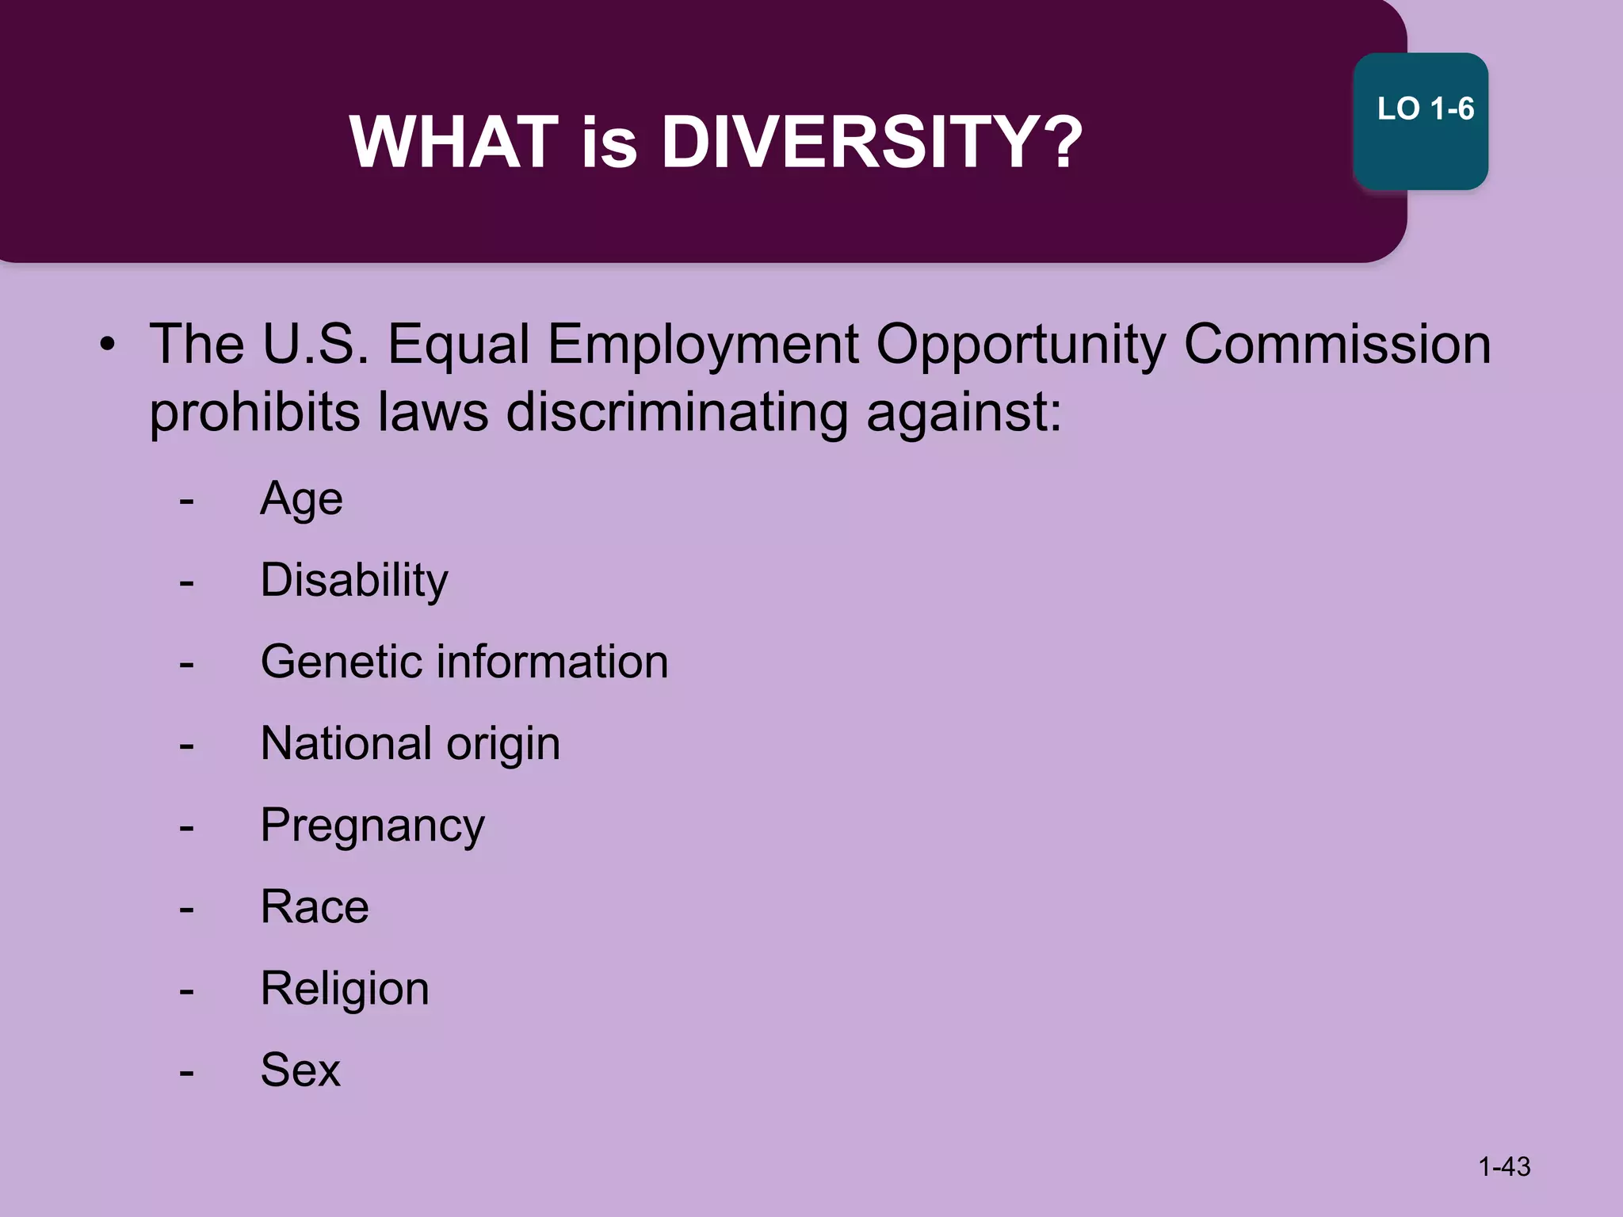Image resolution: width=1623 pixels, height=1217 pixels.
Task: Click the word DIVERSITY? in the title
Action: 872,143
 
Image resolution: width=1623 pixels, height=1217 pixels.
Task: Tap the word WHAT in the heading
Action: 454,143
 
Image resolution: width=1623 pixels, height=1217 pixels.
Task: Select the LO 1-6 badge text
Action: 1425,109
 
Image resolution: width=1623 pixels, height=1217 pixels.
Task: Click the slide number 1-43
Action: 1504,1166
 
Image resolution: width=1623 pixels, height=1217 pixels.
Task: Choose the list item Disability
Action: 353,582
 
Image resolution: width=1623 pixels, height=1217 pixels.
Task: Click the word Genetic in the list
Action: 341,662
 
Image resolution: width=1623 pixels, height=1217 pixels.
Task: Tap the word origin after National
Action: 502,745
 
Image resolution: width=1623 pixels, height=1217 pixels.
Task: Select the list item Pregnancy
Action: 372,827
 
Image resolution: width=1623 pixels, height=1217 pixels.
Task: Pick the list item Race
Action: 315,907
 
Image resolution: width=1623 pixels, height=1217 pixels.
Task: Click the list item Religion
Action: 345,990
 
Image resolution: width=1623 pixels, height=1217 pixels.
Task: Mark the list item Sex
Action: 300,1070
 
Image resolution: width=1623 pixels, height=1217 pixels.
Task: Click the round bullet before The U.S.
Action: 108,345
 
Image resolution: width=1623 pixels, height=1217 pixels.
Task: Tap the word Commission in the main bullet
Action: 1337,345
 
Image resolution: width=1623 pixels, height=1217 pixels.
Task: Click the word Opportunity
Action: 1021,346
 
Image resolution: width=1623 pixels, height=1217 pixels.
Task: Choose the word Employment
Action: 703,346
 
